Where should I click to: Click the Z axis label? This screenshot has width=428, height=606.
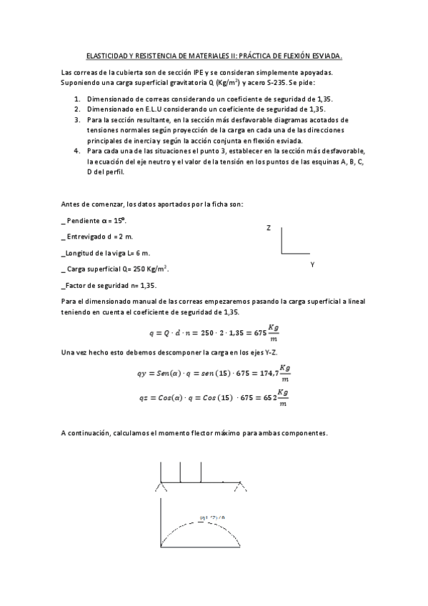pos(268,227)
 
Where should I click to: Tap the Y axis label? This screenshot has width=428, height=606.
pos(312,264)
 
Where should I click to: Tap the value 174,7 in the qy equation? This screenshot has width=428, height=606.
pos(266,372)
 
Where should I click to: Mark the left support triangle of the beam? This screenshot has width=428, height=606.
pos(161,487)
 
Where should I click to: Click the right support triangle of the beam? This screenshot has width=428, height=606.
pos(241,487)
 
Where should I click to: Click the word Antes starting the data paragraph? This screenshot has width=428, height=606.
pos(72,204)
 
